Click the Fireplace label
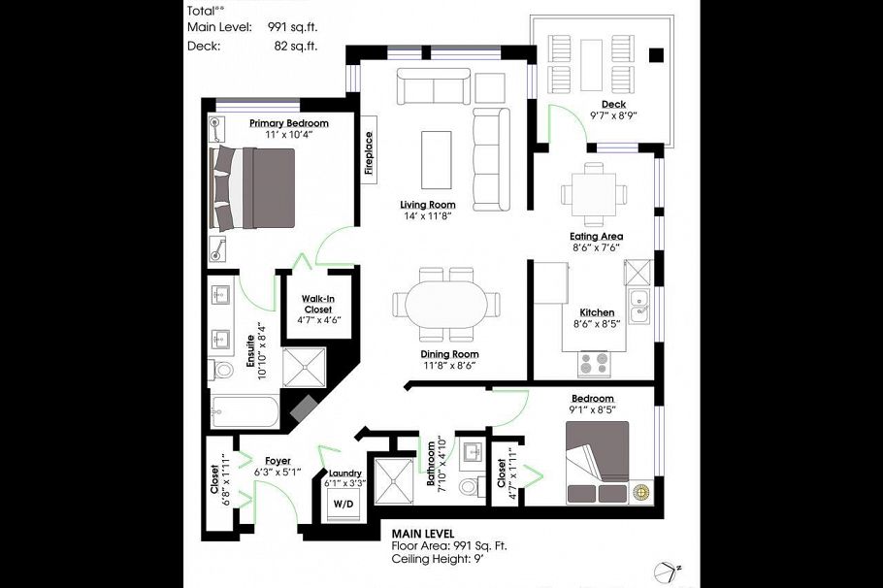(370, 154)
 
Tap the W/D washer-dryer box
(343, 505)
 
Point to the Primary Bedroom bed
(254, 188)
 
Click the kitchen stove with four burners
(594, 363)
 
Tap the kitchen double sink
(638, 306)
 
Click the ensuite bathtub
(244, 408)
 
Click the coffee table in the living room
(436, 160)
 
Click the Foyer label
(278, 460)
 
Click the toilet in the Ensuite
(222, 370)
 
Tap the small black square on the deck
(657, 54)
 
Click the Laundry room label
(344, 473)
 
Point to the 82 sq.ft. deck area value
(297, 46)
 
